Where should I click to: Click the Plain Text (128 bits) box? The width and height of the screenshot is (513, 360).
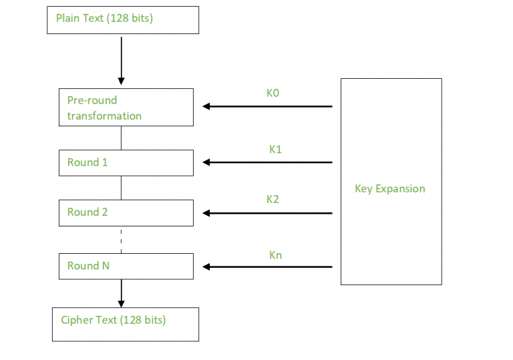pos(122,19)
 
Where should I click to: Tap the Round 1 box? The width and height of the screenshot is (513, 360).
pos(126,162)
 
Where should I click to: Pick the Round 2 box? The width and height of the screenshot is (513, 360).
pos(126,212)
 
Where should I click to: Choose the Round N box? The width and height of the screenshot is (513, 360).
pos(126,266)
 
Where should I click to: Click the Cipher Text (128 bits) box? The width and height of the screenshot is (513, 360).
pos(126,324)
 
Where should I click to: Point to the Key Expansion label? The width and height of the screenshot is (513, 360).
pos(389,188)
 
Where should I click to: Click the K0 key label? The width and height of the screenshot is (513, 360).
pos(273,94)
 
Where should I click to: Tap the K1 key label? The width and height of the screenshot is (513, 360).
pos(275,150)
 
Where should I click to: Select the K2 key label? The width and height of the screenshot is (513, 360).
pos(273,199)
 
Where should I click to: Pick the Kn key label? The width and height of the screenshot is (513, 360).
pos(275,254)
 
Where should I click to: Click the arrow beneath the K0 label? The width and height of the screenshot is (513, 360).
pos(267,106)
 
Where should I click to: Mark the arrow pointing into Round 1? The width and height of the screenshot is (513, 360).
pos(267,162)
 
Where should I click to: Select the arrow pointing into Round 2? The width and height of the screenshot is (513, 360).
pos(267,213)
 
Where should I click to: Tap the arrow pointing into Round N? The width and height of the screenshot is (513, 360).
pos(267,266)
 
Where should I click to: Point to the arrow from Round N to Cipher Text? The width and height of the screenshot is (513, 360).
pos(121,292)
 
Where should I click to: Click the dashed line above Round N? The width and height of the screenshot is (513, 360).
pos(121,240)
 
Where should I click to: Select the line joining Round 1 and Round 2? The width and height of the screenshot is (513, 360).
pos(121,188)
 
